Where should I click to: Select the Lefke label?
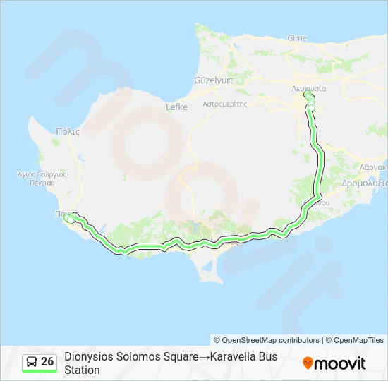click(175, 107)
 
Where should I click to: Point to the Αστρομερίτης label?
click(224, 103)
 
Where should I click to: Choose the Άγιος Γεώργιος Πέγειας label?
click(41, 177)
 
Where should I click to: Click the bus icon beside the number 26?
click(32, 362)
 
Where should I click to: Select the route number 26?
click(47, 362)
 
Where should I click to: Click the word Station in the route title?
click(82, 370)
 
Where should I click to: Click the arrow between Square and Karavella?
click(204, 356)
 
